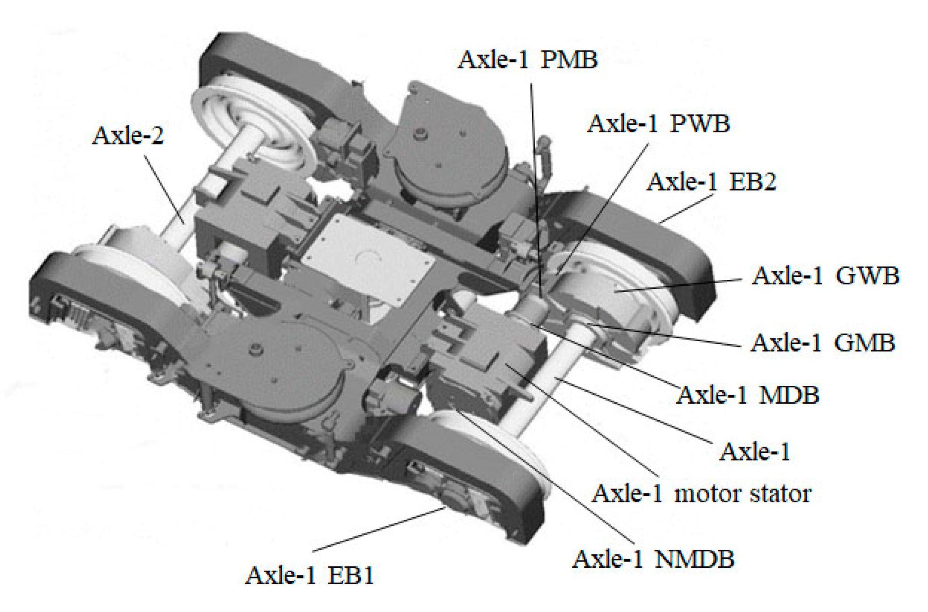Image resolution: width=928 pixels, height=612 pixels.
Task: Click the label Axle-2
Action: (x=128, y=135)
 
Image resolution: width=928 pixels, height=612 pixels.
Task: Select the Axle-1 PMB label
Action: (x=528, y=59)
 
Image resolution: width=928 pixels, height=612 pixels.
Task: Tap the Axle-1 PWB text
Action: (x=658, y=124)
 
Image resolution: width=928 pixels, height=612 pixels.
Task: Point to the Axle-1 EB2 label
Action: (x=711, y=182)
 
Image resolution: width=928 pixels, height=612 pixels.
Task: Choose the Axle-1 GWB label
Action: (x=825, y=276)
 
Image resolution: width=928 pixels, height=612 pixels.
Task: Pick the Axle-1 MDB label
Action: (x=748, y=395)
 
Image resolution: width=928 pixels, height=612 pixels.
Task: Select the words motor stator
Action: (x=742, y=494)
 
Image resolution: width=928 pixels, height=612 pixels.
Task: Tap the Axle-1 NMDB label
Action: (x=653, y=559)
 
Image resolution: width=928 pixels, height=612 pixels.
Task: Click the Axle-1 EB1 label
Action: (x=309, y=575)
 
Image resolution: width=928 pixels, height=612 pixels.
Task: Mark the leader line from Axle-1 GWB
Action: (x=680, y=285)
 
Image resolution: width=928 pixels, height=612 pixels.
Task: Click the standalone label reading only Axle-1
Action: (x=755, y=452)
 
